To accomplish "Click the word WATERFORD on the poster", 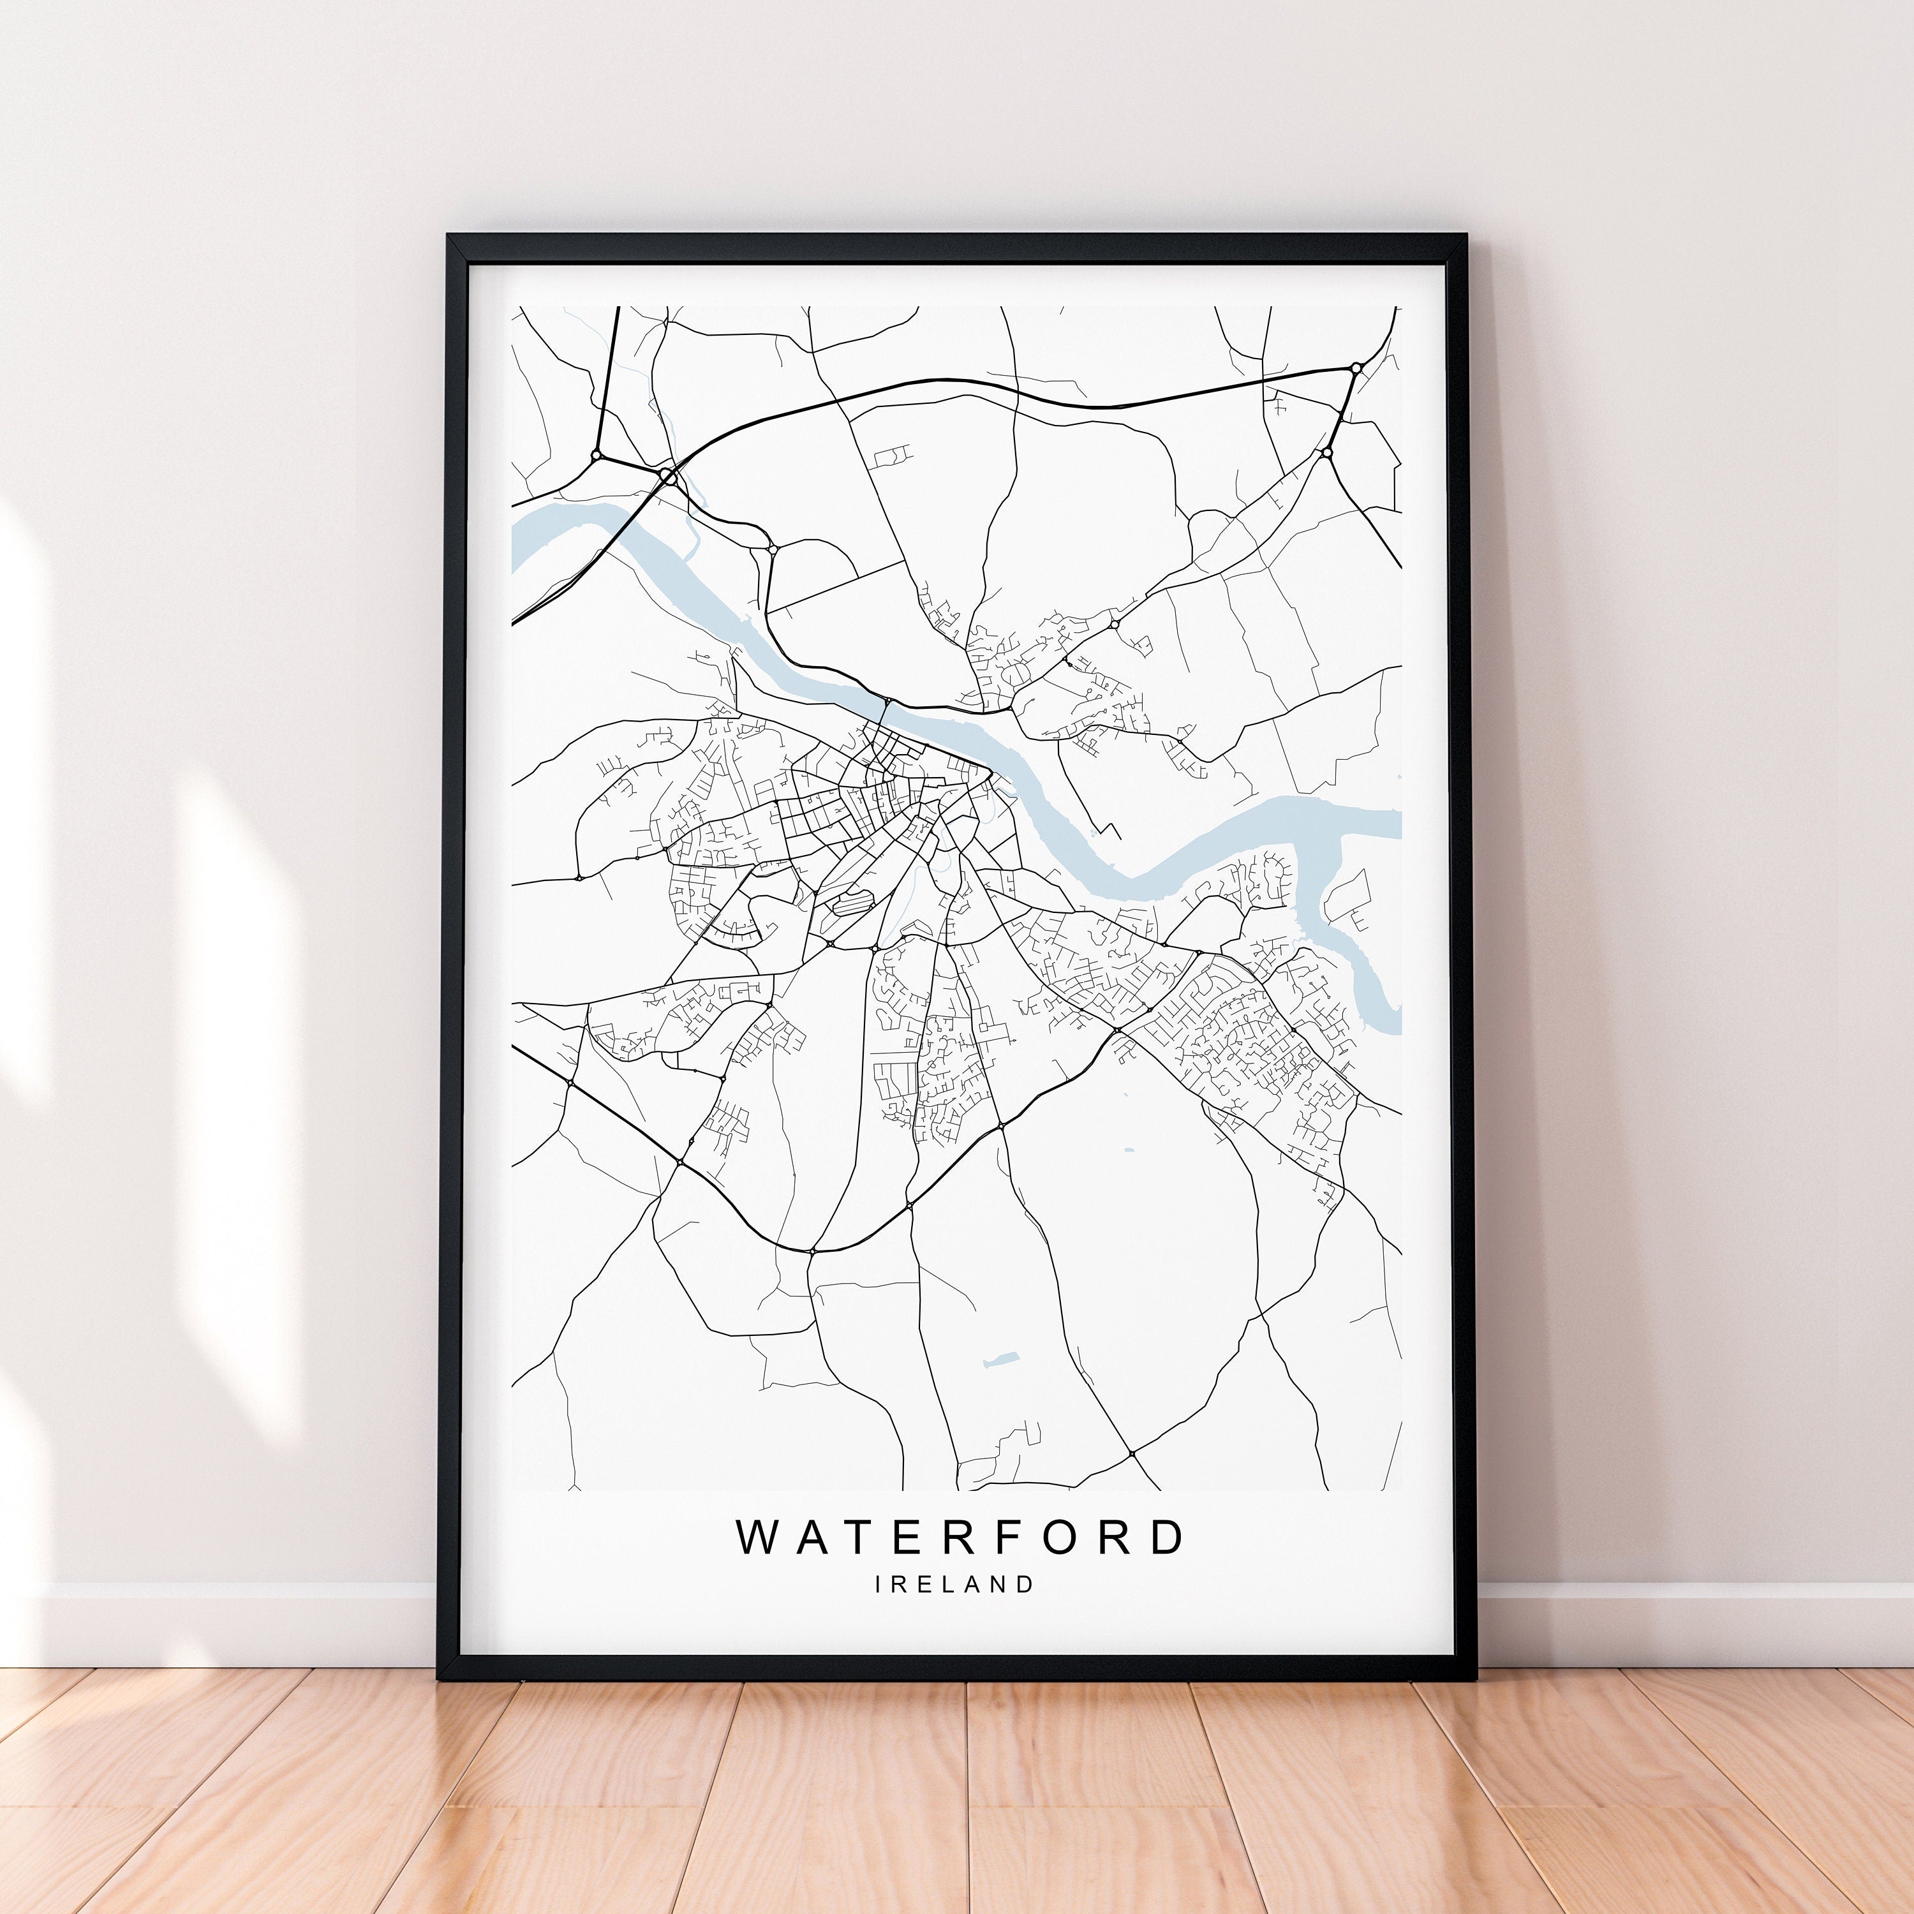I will point(959,1536).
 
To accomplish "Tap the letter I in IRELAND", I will point(879,1584).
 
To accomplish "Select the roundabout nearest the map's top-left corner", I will point(595,455).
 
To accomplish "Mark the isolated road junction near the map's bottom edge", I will point(1131,1453).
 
